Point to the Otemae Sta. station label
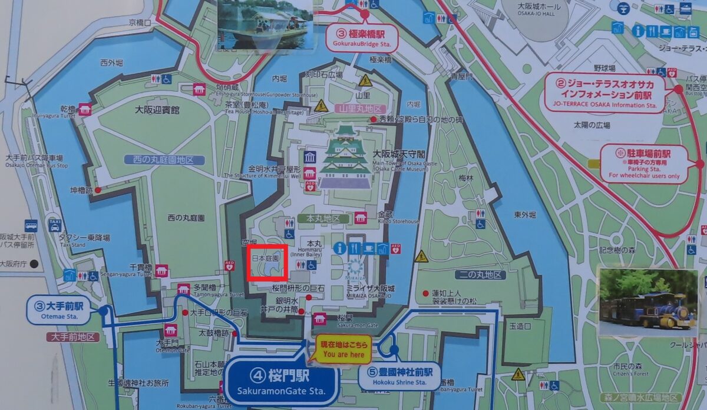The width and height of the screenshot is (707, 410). tap(59, 311)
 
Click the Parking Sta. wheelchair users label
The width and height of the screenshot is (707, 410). tap(644, 164)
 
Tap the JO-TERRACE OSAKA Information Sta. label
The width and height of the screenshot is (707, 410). tap(609, 93)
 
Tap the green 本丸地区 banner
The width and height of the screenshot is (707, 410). tap(323, 218)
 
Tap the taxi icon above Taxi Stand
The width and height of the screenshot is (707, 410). tap(55, 225)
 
